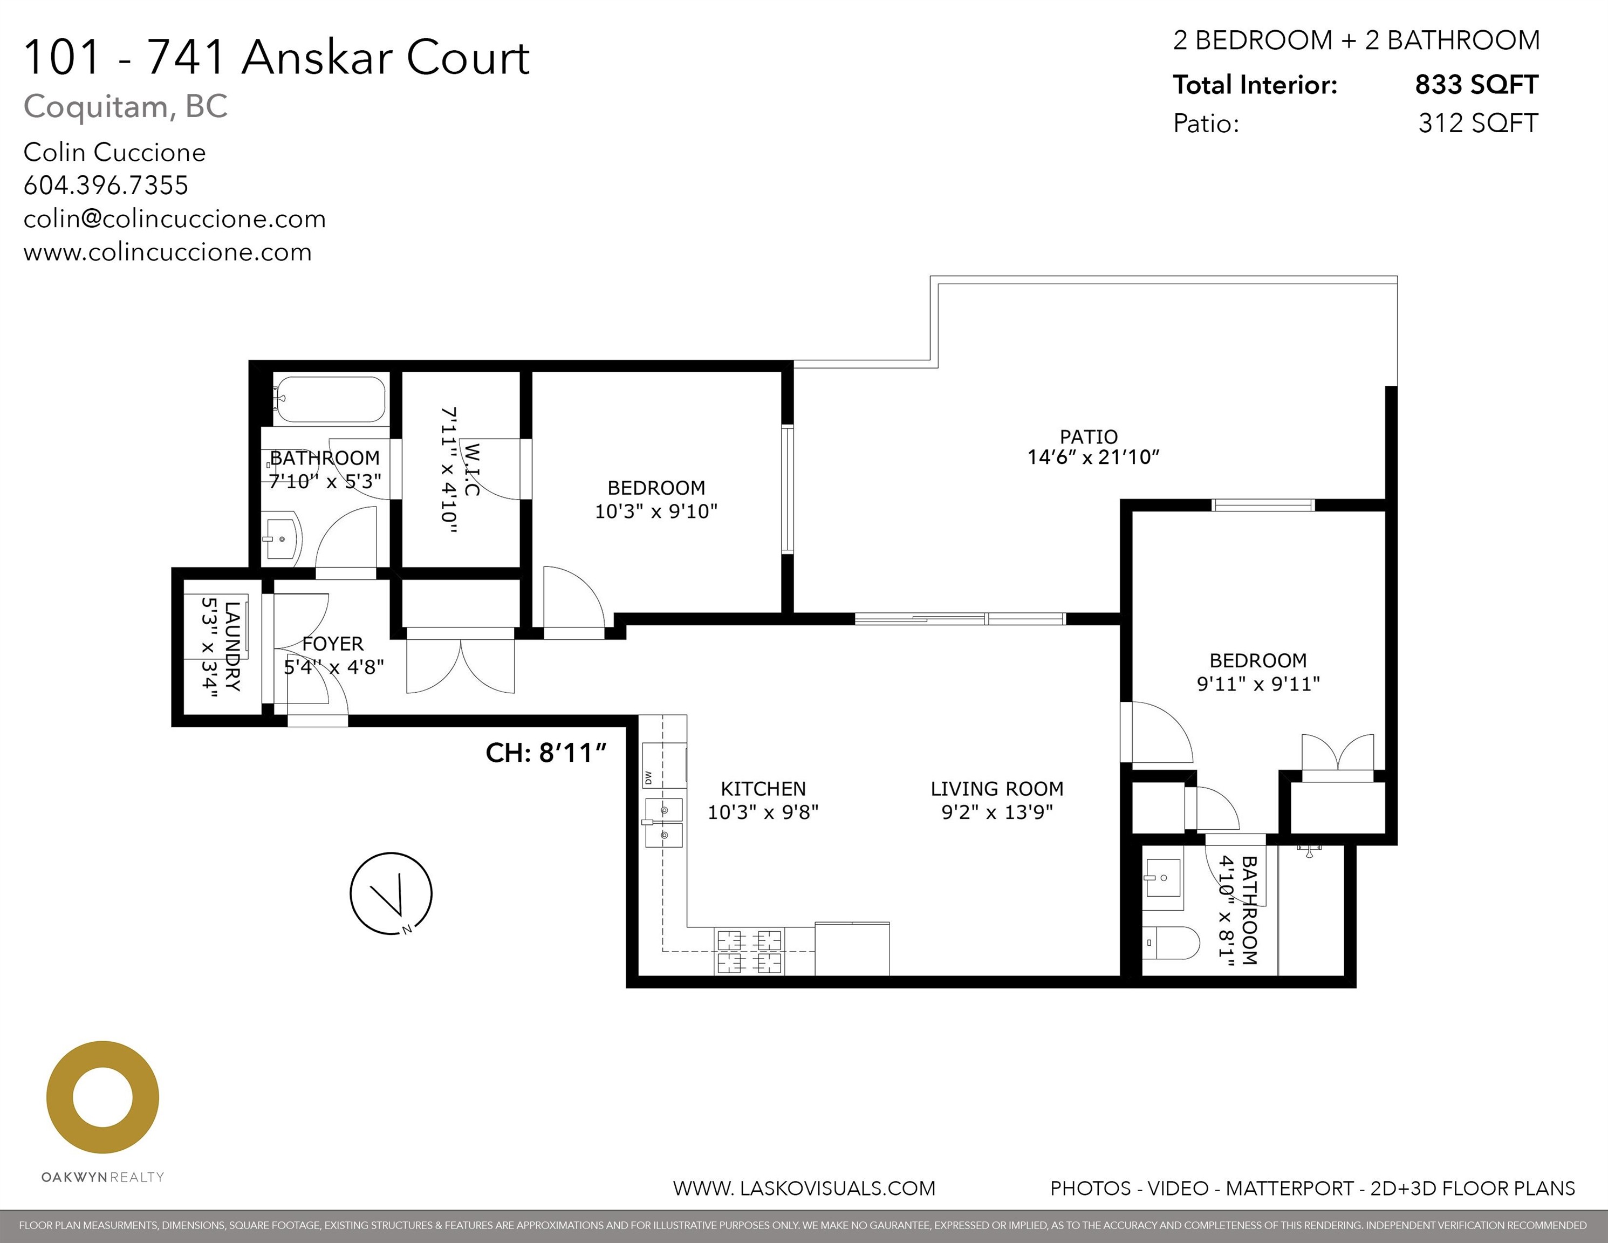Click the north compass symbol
(x=391, y=893)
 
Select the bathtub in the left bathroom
(x=329, y=400)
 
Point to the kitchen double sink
(x=664, y=823)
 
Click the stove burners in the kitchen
(x=749, y=951)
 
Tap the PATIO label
(x=1088, y=436)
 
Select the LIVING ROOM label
(x=997, y=789)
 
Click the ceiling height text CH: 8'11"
(x=545, y=753)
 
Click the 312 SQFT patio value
(x=1477, y=123)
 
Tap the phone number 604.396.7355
(x=106, y=185)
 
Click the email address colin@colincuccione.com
(x=174, y=218)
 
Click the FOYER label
(x=333, y=644)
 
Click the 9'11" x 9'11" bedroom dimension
(x=1257, y=684)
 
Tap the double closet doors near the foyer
(x=460, y=666)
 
